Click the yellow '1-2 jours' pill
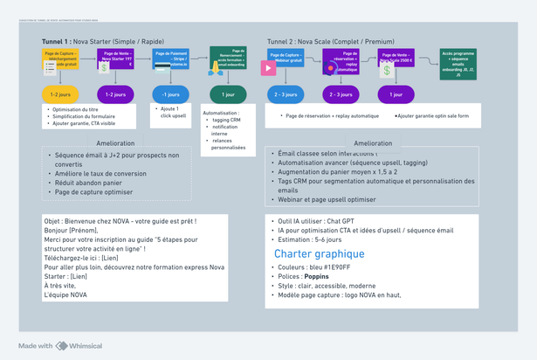tap(60, 93)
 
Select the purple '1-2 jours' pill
tap(114, 93)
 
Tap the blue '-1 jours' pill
tap(171, 93)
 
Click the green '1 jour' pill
tap(228, 93)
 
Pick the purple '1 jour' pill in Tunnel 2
tap(396, 93)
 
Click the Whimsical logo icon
tap(61, 346)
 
